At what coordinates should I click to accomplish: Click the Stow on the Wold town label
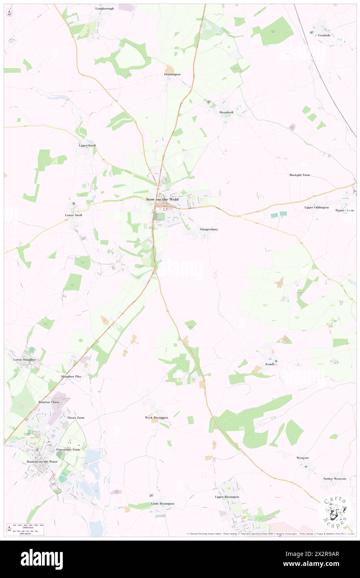[x=162, y=200]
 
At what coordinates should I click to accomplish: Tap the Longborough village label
[x=104, y=8]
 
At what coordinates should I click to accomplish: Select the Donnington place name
[x=172, y=74]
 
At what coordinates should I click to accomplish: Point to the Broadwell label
[x=227, y=112]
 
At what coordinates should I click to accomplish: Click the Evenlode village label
[x=324, y=35]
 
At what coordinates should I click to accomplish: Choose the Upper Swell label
[x=87, y=146]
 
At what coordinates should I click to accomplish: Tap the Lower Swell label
[x=74, y=215]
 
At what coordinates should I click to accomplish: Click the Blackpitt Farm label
[x=300, y=175]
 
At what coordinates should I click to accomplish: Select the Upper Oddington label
[x=316, y=207]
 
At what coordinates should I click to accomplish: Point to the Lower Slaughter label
[x=25, y=359]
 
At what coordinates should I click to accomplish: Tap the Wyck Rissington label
[x=156, y=417]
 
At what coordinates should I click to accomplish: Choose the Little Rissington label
[x=163, y=504]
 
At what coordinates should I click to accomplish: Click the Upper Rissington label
[x=227, y=497]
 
